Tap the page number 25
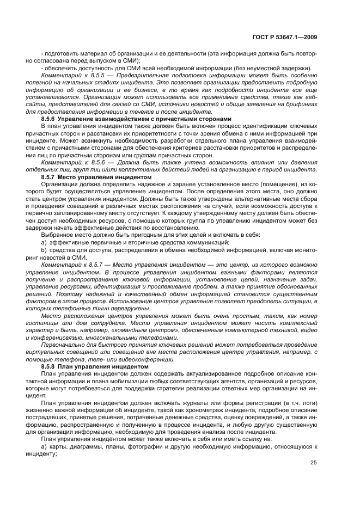point(314,463)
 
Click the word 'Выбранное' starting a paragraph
point(57,234)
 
